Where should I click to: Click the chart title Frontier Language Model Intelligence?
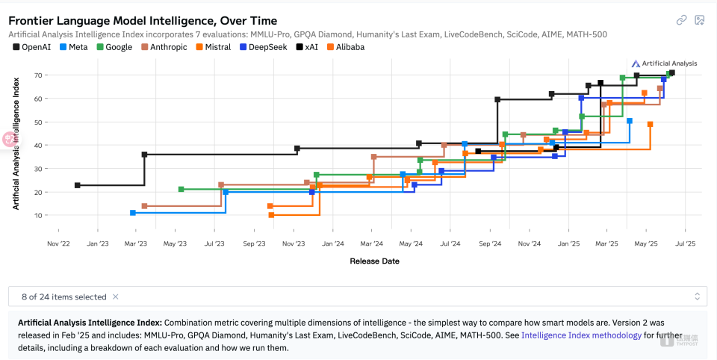tap(143, 21)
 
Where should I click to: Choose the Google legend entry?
tap(114, 47)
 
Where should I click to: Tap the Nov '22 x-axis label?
tap(59, 243)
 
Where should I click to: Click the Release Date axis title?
tap(374, 261)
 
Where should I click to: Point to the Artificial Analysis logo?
tap(664, 63)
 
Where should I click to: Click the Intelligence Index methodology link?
tap(581, 335)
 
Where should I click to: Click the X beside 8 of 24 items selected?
tap(116, 297)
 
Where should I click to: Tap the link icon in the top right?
tap(681, 20)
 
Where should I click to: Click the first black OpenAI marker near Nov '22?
tap(78, 185)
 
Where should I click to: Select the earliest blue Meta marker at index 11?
tap(133, 213)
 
